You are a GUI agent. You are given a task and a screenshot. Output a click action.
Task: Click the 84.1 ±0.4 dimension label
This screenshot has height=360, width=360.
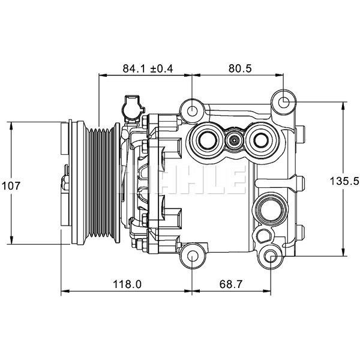148,68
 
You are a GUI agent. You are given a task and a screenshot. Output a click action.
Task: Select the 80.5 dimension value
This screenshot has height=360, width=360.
239,68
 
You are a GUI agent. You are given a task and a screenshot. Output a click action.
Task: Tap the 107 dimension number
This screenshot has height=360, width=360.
11,186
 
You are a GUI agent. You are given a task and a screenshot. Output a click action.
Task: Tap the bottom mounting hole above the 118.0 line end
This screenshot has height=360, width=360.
192,257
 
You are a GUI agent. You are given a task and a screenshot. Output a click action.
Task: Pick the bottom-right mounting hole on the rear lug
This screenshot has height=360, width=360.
269,258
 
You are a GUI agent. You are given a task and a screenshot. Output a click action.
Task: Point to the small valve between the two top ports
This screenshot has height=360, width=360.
233,141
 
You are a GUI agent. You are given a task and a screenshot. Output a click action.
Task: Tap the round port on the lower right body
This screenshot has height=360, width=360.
268,210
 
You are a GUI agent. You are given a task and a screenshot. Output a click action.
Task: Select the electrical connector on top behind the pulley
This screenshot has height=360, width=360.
131,108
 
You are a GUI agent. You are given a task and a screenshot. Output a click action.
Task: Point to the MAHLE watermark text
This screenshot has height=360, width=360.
180,181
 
